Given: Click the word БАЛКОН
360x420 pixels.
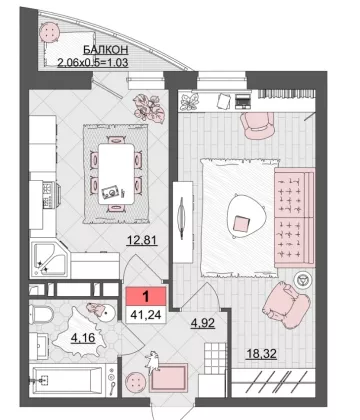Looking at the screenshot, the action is (105, 50).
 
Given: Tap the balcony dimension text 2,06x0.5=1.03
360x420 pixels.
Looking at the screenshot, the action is (93, 62).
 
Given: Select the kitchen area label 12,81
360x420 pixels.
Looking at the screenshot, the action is (142, 240).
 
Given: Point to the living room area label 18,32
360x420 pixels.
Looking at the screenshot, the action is (261, 354).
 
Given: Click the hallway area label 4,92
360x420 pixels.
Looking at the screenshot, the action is (202, 323).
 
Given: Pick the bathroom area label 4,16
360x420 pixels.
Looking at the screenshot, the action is (83, 338).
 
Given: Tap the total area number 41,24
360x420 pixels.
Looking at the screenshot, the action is (146, 314).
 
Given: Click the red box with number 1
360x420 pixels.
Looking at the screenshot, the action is (146, 296).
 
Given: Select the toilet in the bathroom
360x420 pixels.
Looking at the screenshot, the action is (42, 314).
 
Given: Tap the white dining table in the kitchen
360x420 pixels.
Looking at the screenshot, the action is (117, 174).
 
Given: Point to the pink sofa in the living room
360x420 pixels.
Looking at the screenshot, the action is (294, 217).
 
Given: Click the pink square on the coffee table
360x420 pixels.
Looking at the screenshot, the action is (241, 223).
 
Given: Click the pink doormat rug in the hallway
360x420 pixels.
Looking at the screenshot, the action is (169, 378).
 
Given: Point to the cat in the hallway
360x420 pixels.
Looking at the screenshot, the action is (152, 362).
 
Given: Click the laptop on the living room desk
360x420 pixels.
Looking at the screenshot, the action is (243, 101).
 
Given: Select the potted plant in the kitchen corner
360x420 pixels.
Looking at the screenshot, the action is (149, 107).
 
